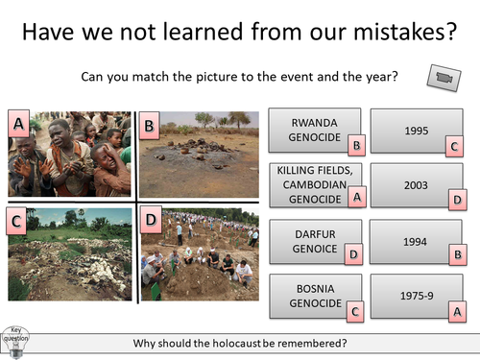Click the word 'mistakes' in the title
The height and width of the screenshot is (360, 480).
tap(378, 32)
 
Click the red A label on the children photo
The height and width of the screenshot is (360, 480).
tap(17, 123)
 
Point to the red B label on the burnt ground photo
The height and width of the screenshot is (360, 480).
tap(149, 125)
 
